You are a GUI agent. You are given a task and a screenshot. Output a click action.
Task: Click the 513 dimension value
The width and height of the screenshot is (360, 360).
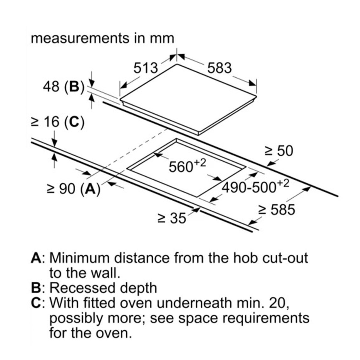pos(146,68)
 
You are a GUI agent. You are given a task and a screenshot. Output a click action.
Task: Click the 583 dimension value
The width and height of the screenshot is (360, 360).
pos(220,68)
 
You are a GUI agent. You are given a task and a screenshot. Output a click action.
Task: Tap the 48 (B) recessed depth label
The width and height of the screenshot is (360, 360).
pos(64,87)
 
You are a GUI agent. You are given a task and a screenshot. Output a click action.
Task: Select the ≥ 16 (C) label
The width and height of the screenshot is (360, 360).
pos(58,122)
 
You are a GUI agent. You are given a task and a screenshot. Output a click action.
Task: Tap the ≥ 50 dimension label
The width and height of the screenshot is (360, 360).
pos(279,151)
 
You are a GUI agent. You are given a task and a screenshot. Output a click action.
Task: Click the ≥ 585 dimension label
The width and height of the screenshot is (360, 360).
pos(277,210)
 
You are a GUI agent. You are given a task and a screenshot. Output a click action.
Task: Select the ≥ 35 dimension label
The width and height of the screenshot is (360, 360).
pos(172,218)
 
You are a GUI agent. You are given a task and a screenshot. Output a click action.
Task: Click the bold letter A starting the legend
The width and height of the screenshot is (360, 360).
pos(36,258)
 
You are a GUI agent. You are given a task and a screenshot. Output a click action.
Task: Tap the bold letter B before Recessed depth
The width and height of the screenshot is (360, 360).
pos(36,288)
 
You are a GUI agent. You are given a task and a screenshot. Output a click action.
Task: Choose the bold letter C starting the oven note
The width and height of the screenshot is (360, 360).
pos(36,303)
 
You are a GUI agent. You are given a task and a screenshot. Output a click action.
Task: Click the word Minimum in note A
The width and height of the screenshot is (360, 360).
pos(79,258)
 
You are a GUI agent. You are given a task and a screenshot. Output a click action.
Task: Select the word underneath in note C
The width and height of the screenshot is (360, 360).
pos(194,303)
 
